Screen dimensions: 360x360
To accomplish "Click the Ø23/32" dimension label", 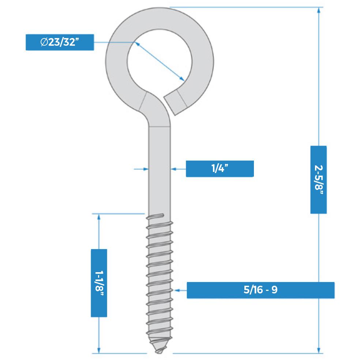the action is coord(60,42).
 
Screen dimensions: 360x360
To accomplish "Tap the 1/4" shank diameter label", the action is coord(220,169).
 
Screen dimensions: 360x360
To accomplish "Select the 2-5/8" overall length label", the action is coord(318,180).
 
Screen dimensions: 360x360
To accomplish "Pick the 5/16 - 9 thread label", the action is coord(260,290).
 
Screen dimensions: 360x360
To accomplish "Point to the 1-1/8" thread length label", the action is coord(99,283).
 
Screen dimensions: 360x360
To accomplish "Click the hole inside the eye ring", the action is coord(160,61).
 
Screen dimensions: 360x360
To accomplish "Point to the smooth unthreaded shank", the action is coord(160,170).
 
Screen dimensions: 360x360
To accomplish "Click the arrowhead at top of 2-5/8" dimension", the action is coord(318,10).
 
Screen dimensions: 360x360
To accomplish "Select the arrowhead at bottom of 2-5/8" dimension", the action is coord(318,350).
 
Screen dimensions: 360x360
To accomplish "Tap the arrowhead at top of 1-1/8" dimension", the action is coord(99,217).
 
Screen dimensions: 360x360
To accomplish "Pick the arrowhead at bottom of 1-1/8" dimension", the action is coord(99,350).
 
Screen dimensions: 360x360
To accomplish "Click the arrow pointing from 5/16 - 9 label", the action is coord(180,290).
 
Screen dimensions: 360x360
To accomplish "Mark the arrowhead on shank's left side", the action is coord(146,169).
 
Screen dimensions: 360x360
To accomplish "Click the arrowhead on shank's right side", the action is coord(173,169).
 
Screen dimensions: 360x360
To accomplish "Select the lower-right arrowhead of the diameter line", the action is coord(181,79).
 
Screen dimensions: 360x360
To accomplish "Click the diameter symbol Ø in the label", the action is coord(44,42).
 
